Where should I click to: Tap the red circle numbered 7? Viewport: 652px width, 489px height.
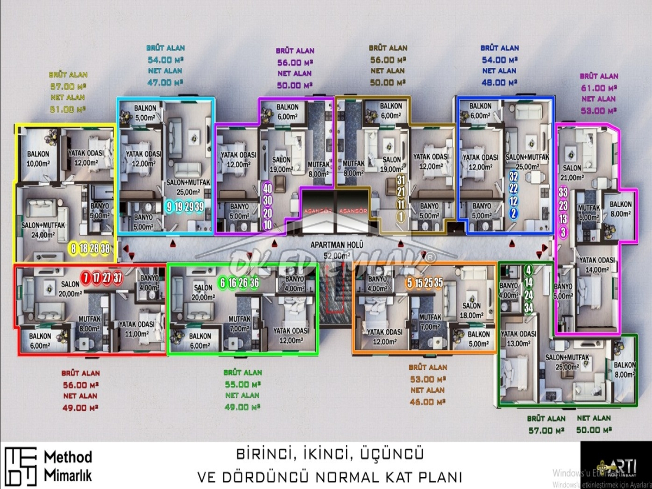pyautogui.click(x=85, y=278)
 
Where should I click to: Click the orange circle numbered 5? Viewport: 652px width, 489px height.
pyautogui.click(x=410, y=283)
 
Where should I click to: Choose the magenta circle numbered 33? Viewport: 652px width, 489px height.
pyautogui.click(x=563, y=192)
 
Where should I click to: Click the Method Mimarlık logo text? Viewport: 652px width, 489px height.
pyautogui.click(x=68, y=466)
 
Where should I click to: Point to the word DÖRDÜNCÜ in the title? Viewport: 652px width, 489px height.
pyautogui.click(x=256, y=477)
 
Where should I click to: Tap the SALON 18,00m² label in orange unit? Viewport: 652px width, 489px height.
pyautogui.click(x=472, y=310)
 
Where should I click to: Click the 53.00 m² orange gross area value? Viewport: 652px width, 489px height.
pyautogui.click(x=427, y=379)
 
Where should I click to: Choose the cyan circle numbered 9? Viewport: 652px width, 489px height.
pyautogui.click(x=170, y=206)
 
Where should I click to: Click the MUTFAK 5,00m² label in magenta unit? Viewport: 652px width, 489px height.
pyautogui.click(x=588, y=212)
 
